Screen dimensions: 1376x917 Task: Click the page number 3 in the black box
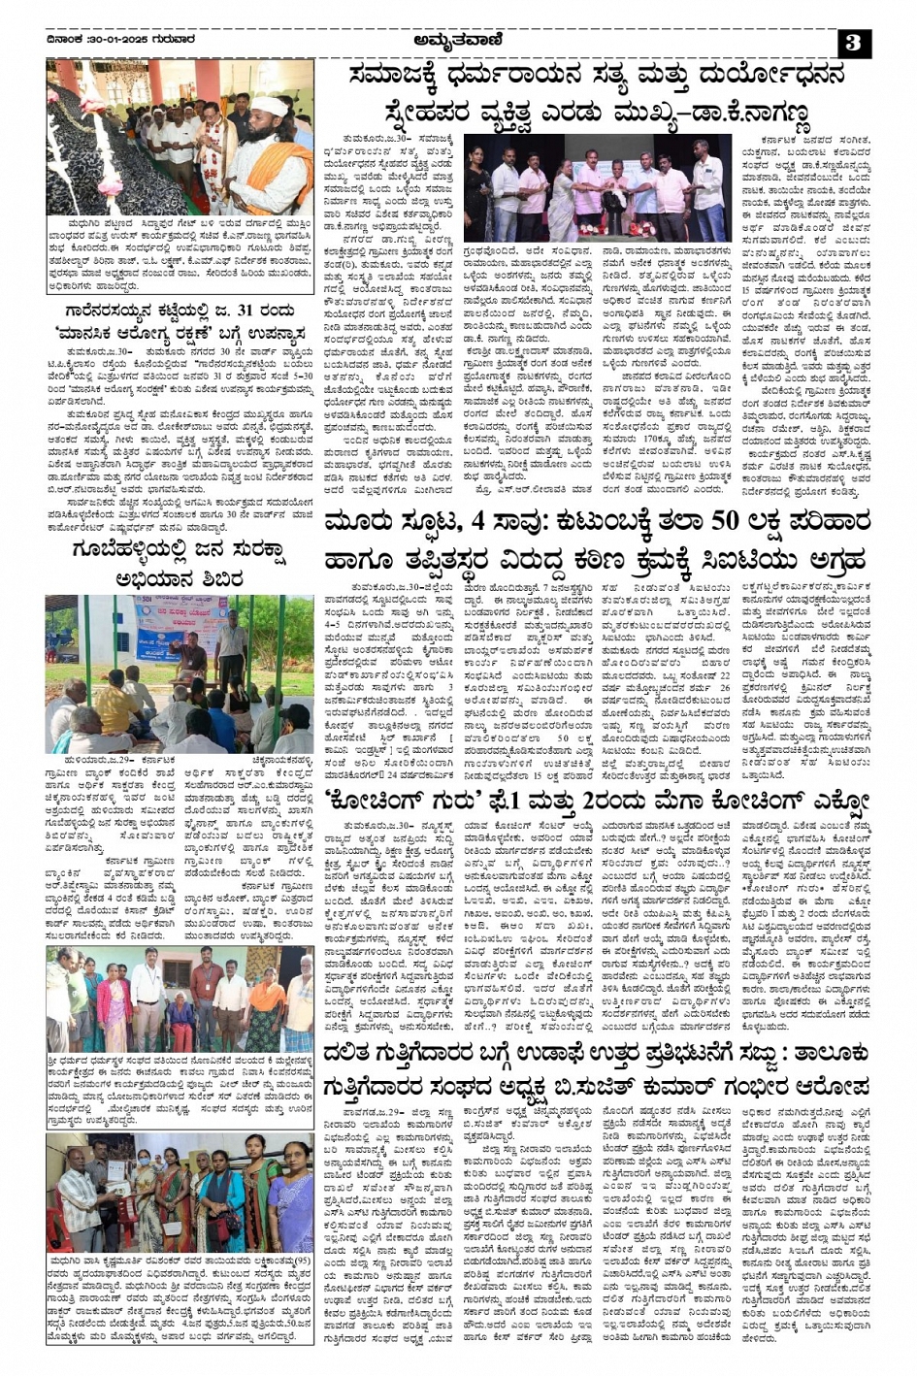[855, 44]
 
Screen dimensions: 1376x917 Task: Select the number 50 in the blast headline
[727, 521]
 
